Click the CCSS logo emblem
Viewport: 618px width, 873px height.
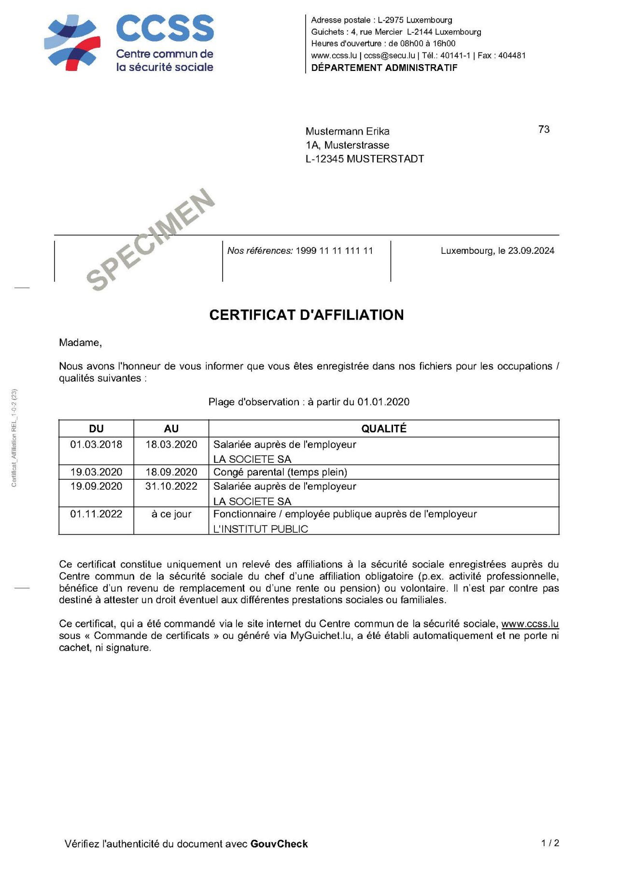(x=72, y=43)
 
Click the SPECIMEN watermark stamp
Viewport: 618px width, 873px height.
(x=151, y=239)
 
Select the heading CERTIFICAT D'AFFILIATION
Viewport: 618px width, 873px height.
(x=307, y=315)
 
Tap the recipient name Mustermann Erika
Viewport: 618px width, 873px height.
(x=347, y=131)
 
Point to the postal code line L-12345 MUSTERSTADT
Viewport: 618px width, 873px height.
(x=365, y=159)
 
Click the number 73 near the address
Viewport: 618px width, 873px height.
(x=544, y=129)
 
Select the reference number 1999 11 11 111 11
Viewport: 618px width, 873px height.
(x=334, y=250)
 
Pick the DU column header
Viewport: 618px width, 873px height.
(x=96, y=429)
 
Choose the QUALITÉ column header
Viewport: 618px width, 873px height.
(x=384, y=429)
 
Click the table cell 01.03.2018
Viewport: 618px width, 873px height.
(x=96, y=444)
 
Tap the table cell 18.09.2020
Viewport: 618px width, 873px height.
(x=171, y=472)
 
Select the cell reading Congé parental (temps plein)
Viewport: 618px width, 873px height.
(x=280, y=472)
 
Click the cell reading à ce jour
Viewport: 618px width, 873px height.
(x=171, y=514)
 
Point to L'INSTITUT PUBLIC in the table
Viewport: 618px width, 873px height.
(x=261, y=529)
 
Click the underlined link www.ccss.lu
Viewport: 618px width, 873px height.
(x=530, y=624)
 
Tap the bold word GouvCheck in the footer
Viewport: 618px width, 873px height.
(x=279, y=844)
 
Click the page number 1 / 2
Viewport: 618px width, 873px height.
(x=550, y=843)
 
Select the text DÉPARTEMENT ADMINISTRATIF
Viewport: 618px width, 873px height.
(x=384, y=68)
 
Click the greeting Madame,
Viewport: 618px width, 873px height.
(x=80, y=343)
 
